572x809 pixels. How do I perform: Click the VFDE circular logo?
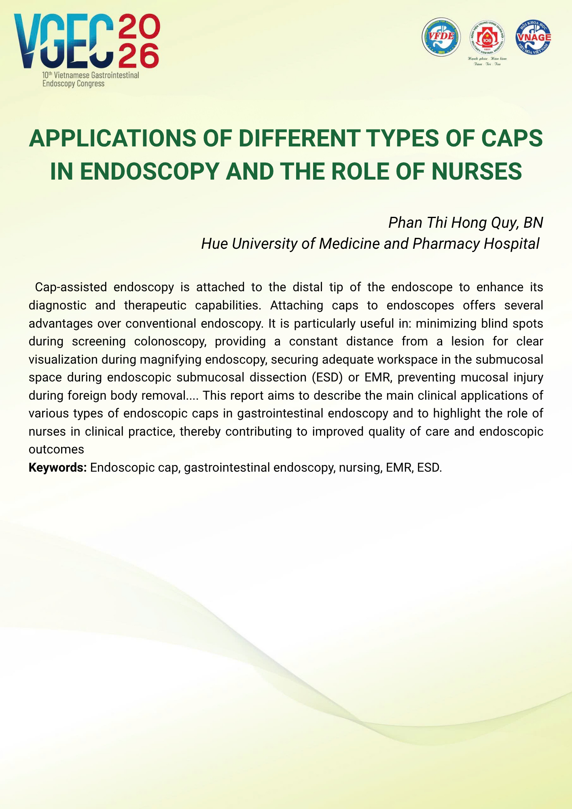coord(441,37)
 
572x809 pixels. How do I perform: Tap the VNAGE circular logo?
coord(534,37)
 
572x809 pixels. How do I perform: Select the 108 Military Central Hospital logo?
coord(487,37)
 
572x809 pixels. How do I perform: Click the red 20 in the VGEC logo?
coord(139,25)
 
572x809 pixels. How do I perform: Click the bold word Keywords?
coord(57,468)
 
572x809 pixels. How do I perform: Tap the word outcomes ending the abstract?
coord(56,449)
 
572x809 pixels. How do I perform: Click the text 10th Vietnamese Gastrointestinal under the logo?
coord(91,75)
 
